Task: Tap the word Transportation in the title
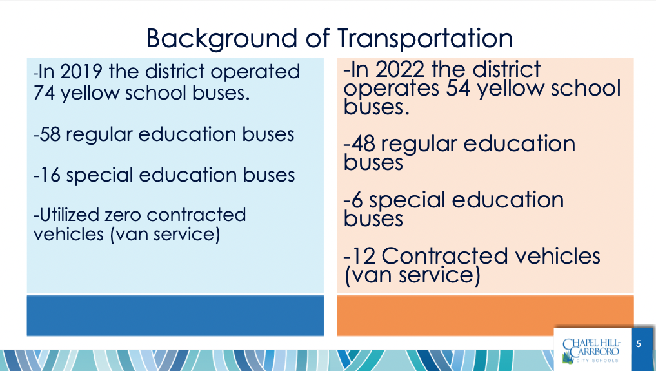coord(425,39)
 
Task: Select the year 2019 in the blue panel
coord(81,72)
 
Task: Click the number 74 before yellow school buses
coord(44,92)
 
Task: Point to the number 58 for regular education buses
coord(50,134)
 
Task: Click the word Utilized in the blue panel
coord(69,215)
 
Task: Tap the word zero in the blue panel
coord(124,215)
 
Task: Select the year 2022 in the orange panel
coord(399,70)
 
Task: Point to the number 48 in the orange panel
coord(363,143)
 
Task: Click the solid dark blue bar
coord(175,315)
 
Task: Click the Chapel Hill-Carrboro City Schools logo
coord(591,350)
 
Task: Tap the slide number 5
coord(639,344)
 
